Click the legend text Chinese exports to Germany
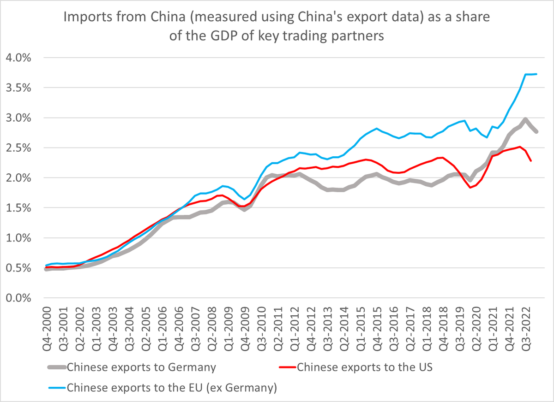click(x=141, y=367)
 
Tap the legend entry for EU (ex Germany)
click(x=172, y=388)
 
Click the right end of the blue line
click(x=536, y=74)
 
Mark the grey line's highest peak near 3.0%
click(x=525, y=119)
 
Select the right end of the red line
click(x=531, y=161)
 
